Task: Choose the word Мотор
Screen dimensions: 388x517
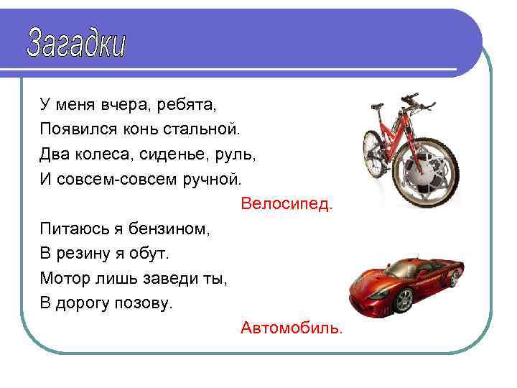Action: coord(62,278)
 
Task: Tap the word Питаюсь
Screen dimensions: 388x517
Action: coord(70,229)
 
